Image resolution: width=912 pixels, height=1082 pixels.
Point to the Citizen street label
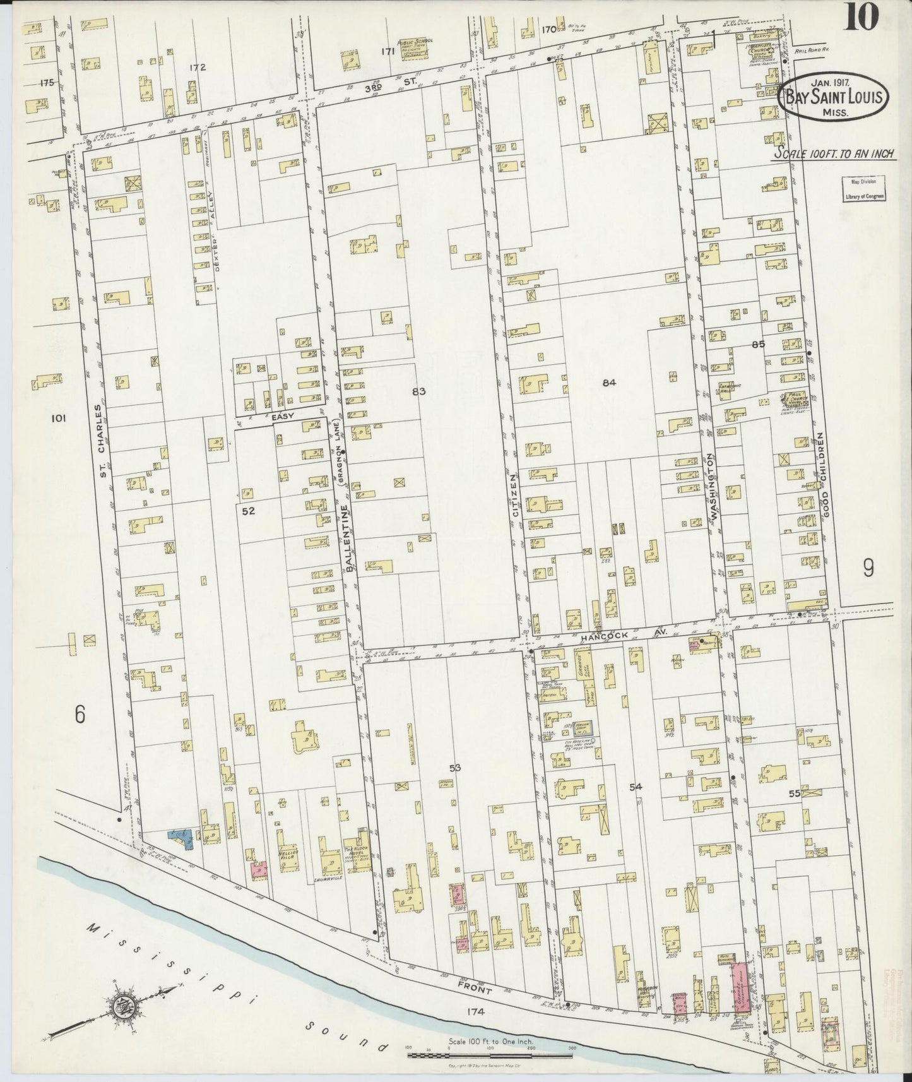point(515,495)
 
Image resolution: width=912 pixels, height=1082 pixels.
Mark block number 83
point(418,391)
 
